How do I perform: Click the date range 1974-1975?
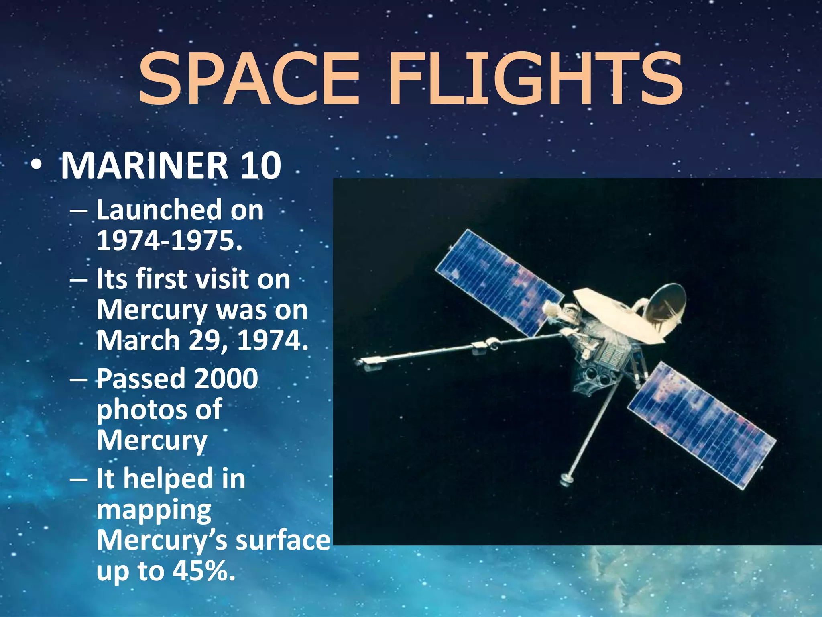pyautogui.click(x=169, y=241)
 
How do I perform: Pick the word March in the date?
pyautogui.click(x=138, y=341)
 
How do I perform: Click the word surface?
pyautogui.click(x=283, y=541)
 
